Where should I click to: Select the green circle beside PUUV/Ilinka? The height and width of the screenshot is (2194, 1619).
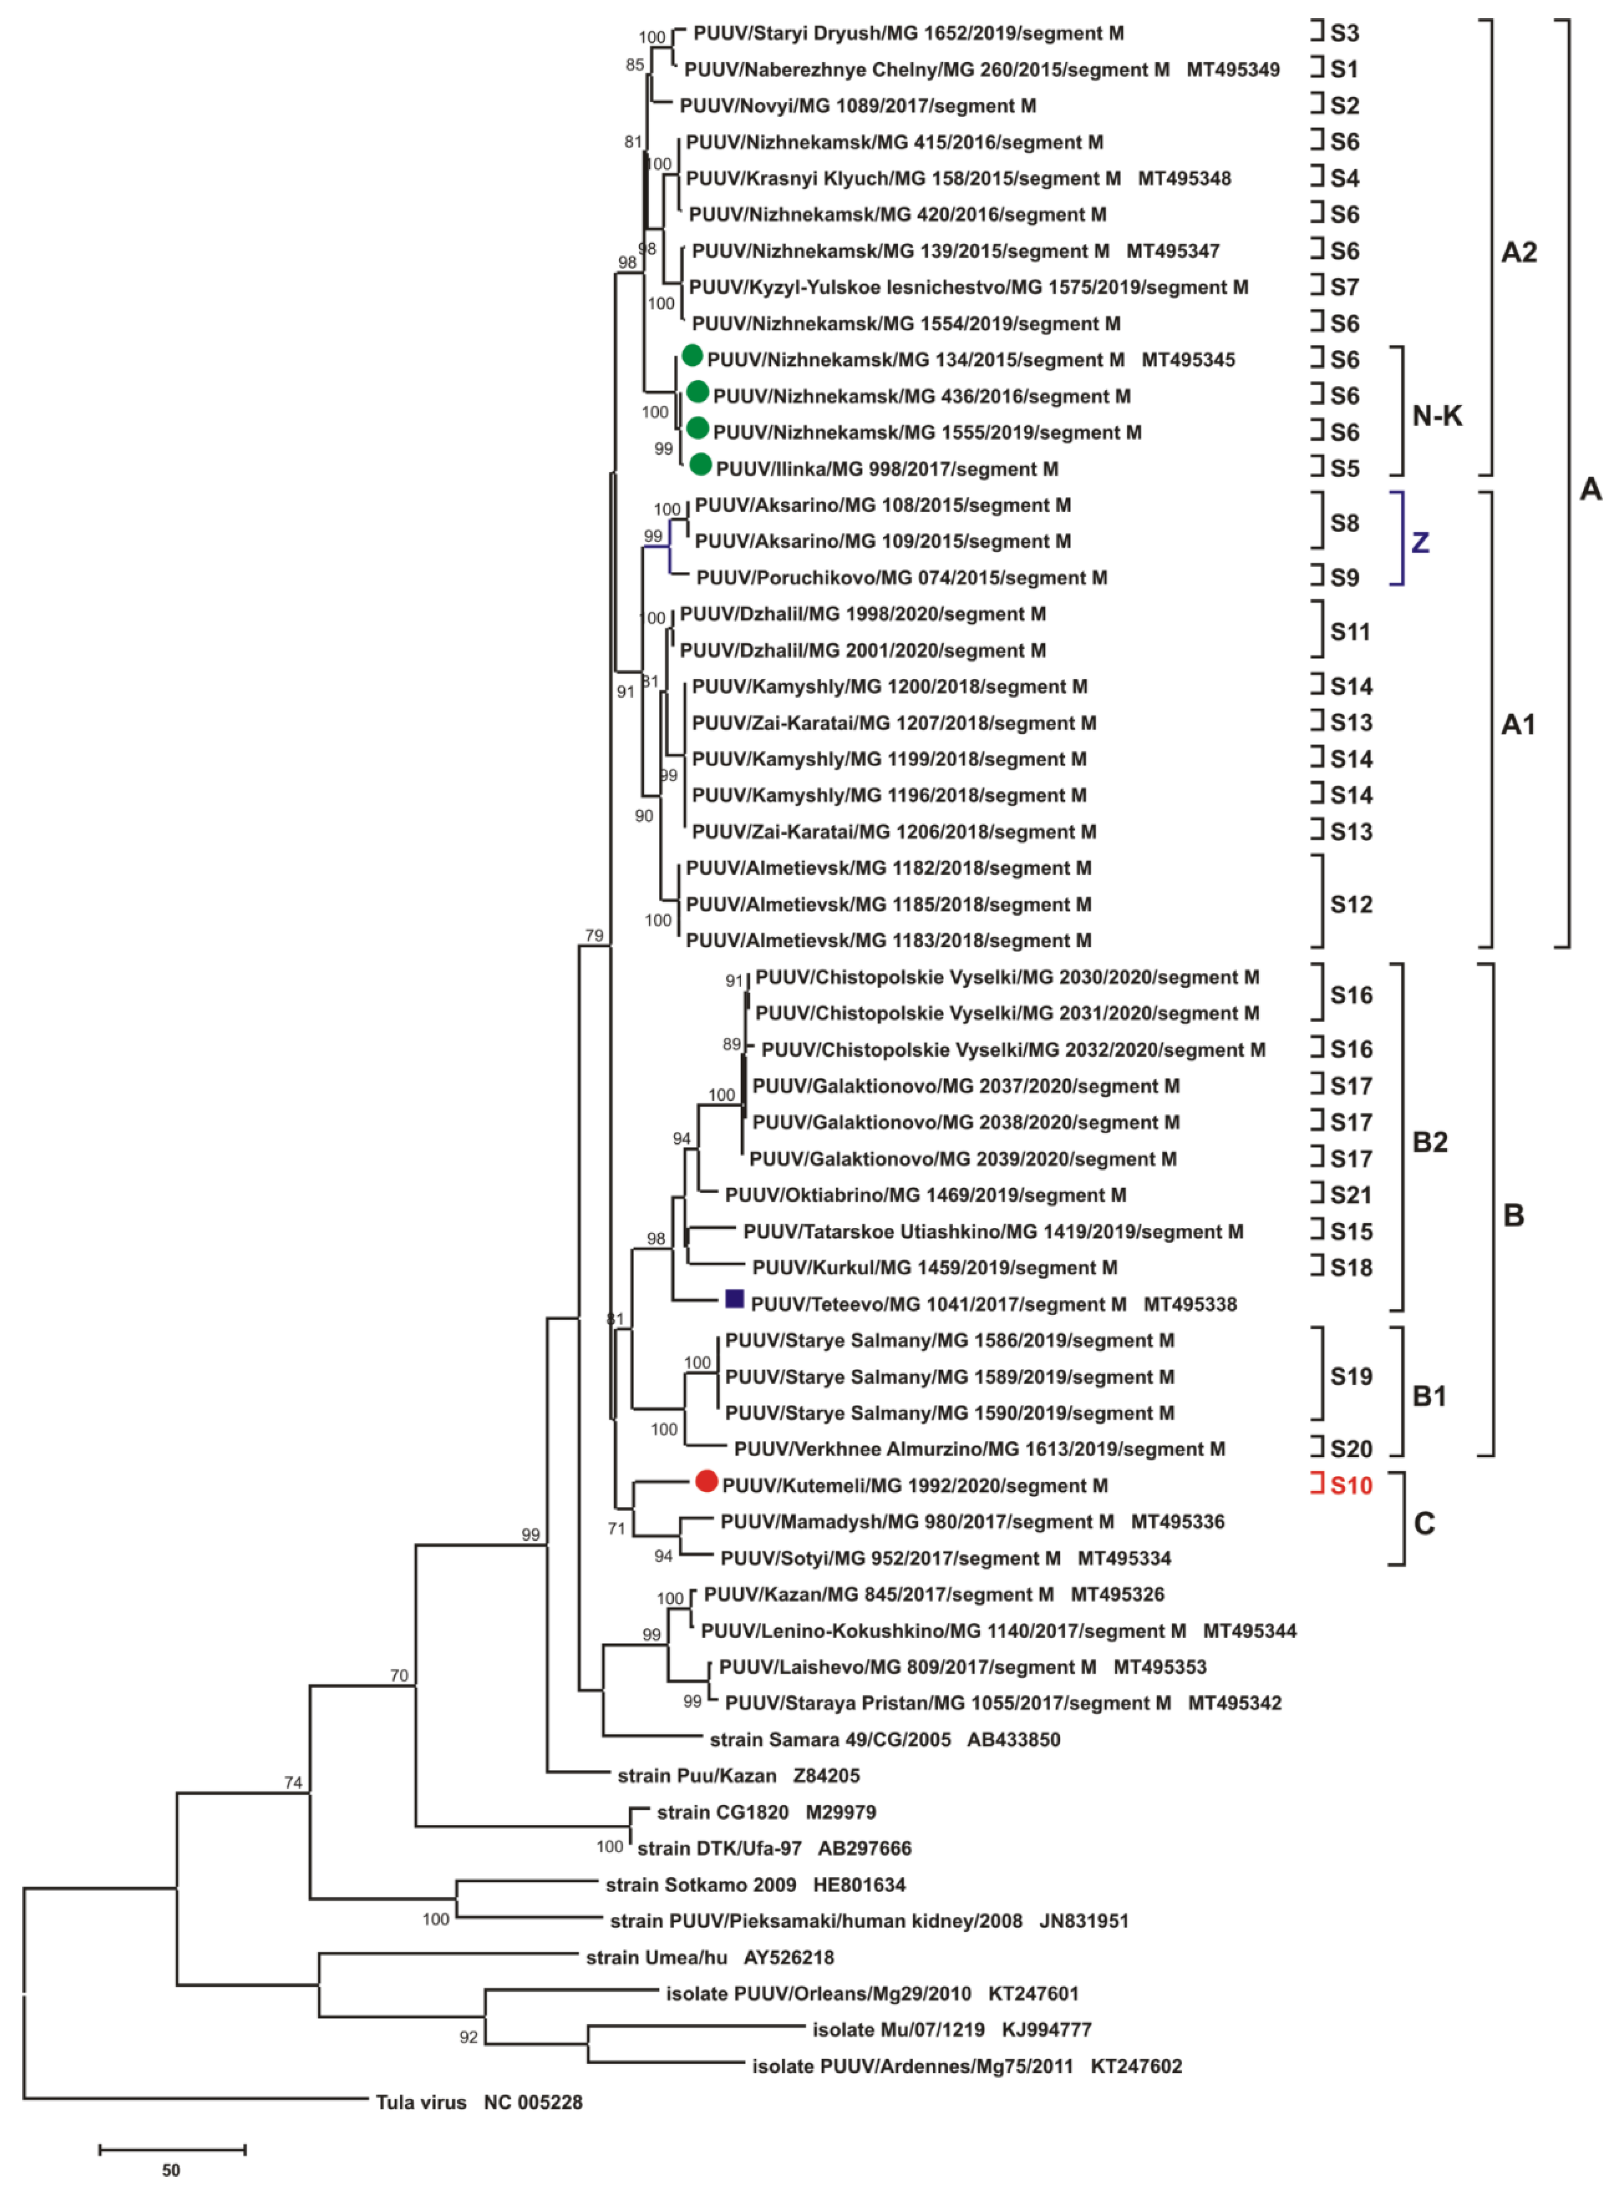700,465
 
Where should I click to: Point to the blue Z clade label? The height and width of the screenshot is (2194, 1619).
1419,542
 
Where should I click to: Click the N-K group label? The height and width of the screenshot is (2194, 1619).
1437,416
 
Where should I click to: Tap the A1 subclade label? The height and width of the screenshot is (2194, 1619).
1518,725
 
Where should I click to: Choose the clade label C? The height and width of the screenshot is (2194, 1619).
1424,1523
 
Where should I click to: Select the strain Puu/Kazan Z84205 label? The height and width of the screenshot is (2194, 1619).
738,1775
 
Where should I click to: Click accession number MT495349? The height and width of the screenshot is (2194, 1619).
1233,70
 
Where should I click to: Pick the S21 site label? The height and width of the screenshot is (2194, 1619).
1351,1195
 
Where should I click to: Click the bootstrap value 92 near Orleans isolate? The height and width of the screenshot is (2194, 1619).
469,2037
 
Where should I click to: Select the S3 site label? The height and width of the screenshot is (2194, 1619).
1345,33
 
